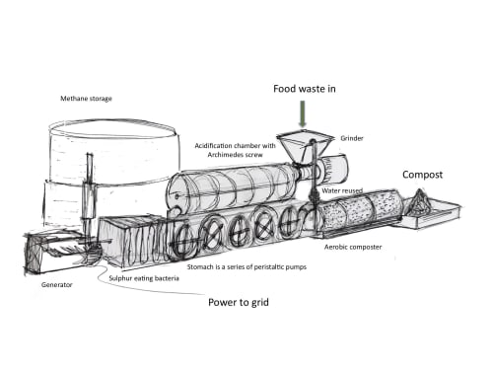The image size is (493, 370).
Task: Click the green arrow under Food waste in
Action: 303,113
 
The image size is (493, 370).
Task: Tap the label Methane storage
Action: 86,99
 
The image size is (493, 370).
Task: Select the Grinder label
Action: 352,138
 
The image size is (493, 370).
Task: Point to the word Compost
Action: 422,175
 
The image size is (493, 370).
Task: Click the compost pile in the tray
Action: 419,201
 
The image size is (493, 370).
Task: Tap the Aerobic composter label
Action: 353,247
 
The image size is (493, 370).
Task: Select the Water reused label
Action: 342,190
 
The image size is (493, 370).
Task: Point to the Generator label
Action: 56,284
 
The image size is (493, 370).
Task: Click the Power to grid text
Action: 239,302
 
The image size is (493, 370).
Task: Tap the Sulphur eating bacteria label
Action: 144,278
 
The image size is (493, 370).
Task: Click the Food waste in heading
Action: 305,89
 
